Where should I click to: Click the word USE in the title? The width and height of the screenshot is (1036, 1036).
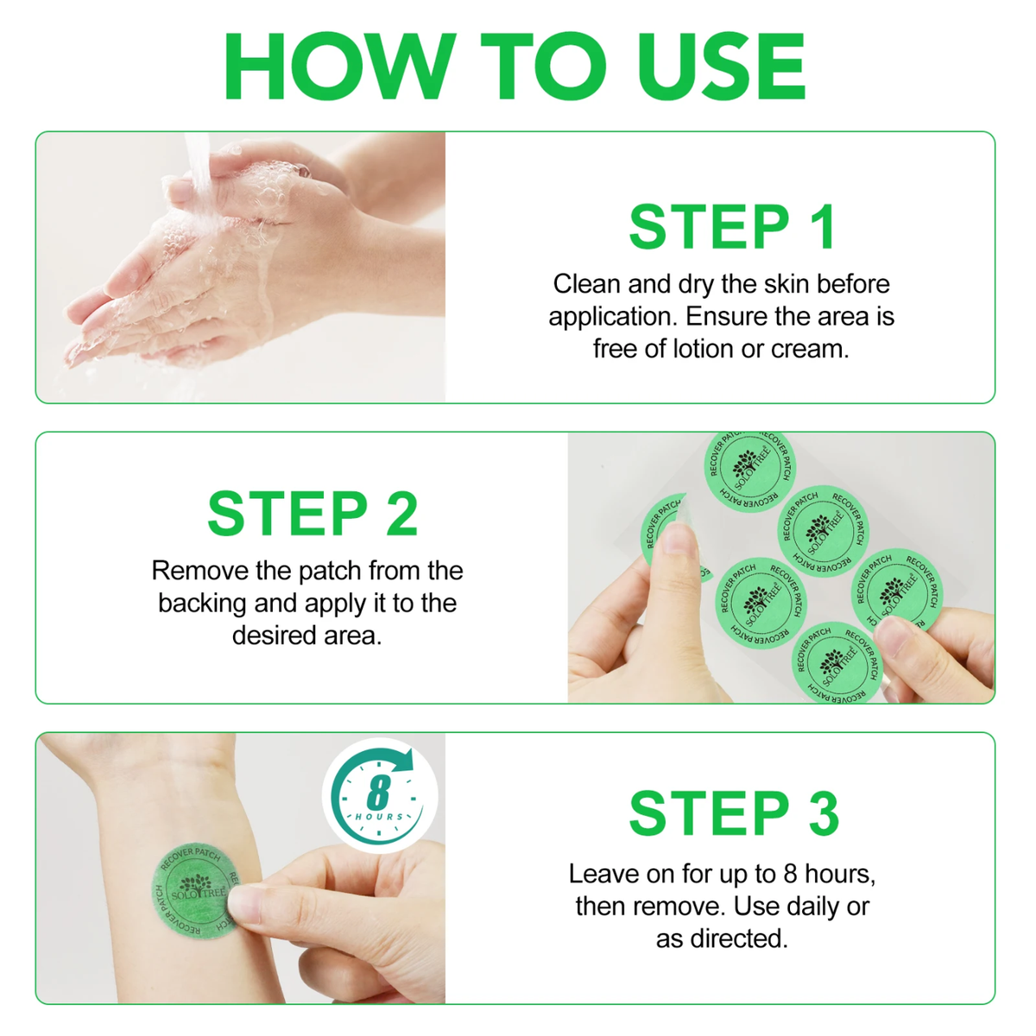(721, 66)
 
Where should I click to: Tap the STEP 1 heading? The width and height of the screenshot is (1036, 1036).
(733, 226)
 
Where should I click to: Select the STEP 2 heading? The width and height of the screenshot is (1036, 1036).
(313, 514)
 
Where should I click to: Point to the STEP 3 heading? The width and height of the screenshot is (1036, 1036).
(735, 813)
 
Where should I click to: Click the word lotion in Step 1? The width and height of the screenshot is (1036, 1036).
(701, 349)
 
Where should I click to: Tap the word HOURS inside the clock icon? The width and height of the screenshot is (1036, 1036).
(379, 817)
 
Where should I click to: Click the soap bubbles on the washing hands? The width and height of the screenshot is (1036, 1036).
(268, 188)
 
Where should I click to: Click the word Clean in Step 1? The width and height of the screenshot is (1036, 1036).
(586, 284)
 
